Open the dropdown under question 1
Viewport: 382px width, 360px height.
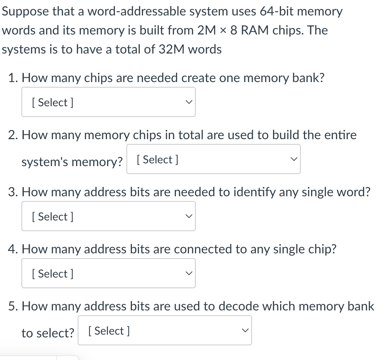click(x=108, y=102)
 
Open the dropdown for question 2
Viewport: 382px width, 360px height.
click(x=213, y=159)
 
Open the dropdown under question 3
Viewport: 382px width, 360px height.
click(x=108, y=216)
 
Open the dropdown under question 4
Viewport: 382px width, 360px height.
click(x=108, y=274)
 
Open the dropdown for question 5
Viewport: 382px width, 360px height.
click(x=164, y=331)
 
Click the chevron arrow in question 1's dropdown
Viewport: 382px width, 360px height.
click(x=189, y=102)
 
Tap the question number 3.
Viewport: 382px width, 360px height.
click(x=12, y=192)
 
